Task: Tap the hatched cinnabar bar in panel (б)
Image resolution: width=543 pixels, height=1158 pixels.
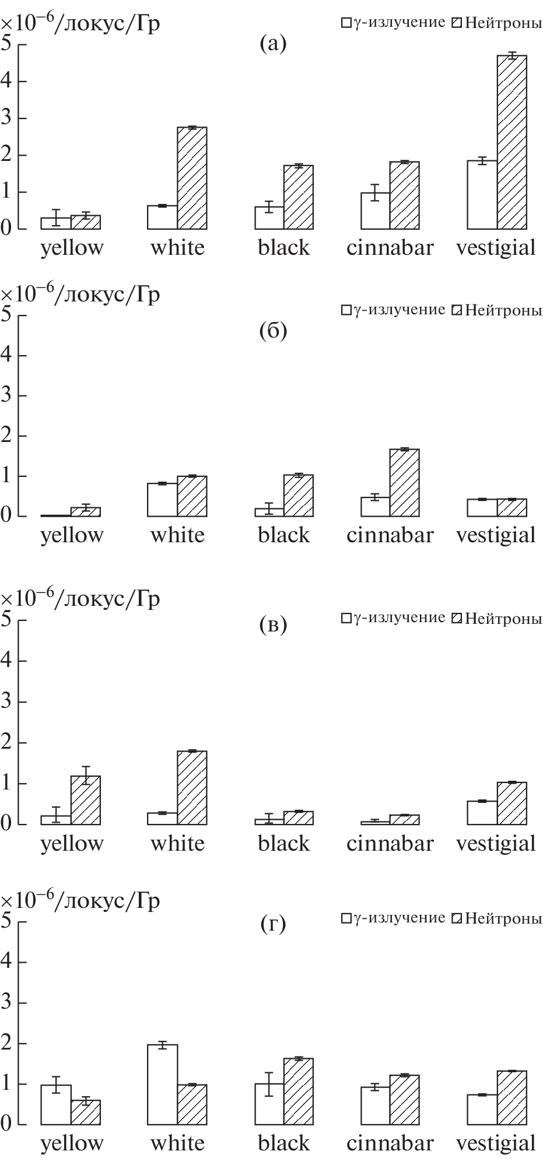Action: click(404, 482)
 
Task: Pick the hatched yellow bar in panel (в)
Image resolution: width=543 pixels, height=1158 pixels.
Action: click(86, 800)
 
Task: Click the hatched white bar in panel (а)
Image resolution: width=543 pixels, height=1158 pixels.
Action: click(192, 178)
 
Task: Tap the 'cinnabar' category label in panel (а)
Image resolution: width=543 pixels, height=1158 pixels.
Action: click(390, 247)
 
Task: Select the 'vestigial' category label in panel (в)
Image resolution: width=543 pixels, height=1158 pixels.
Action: click(496, 843)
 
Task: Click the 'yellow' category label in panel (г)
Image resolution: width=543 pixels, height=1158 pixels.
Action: click(72, 1143)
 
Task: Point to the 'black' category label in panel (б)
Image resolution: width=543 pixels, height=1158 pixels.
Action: click(283, 535)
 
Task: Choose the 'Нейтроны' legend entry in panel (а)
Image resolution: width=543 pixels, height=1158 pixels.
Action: click(497, 23)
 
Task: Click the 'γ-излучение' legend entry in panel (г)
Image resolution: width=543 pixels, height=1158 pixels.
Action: click(394, 918)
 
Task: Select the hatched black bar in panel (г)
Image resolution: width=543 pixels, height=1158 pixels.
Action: click(298, 1091)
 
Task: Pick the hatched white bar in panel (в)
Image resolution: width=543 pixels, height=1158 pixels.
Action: click(192, 787)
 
